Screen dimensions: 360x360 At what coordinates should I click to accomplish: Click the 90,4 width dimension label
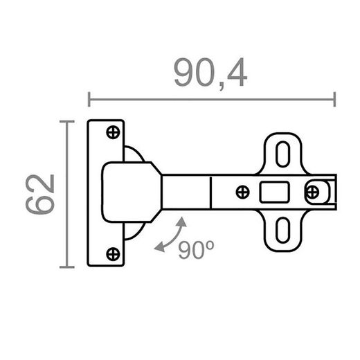210,73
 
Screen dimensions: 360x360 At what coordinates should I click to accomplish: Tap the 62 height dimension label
40,194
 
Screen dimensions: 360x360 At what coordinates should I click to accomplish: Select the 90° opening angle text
196,250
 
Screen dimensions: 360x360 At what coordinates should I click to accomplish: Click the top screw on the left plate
113,132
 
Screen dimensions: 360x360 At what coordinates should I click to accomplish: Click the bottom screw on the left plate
113,254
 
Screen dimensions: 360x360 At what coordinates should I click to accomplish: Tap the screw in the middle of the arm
243,192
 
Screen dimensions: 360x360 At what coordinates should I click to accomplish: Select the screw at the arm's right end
312,192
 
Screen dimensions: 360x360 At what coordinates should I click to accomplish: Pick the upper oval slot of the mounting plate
283,154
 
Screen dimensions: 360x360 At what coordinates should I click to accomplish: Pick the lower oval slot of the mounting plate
283,230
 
